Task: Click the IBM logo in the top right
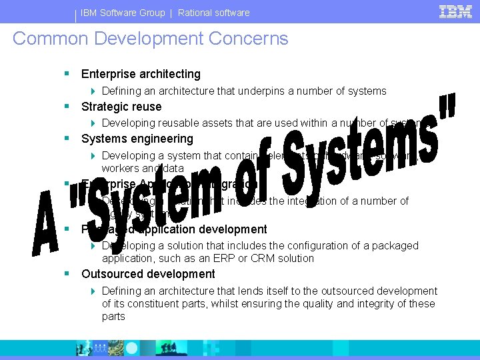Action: (x=456, y=11)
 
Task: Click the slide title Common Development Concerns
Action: (x=151, y=39)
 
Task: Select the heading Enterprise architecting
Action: (x=141, y=74)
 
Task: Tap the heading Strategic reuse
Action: (x=121, y=107)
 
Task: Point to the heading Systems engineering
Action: (x=137, y=139)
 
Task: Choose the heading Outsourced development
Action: (x=148, y=274)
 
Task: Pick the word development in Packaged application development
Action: (x=235, y=229)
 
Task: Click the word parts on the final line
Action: (x=113, y=316)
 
